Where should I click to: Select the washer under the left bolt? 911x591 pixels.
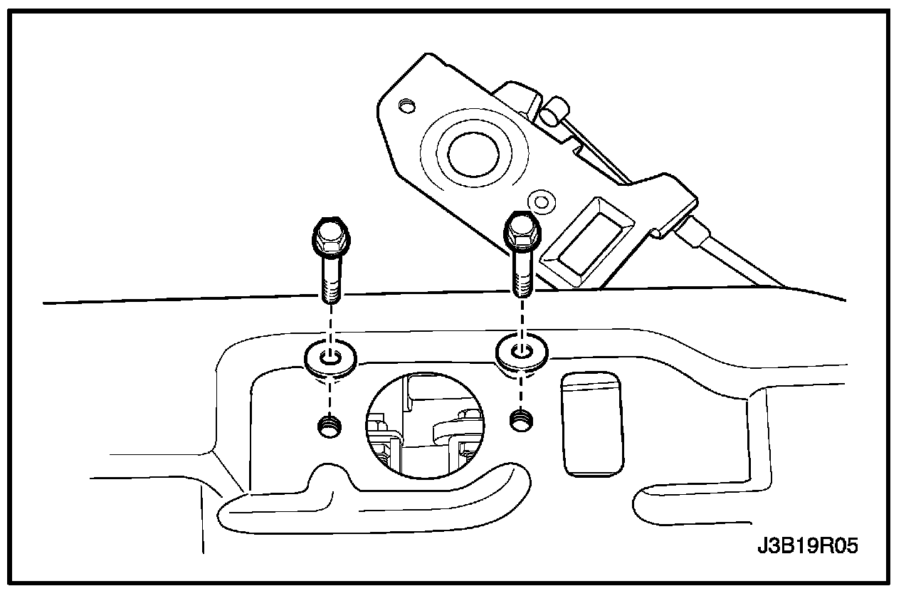[331, 355]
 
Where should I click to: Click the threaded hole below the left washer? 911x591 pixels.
[329, 427]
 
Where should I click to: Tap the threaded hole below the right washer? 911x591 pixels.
[523, 421]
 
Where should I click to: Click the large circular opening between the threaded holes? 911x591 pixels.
[425, 424]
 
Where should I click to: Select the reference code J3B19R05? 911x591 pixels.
[807, 547]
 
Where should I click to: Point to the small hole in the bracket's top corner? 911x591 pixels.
[407, 107]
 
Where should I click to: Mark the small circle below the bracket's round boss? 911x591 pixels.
[542, 200]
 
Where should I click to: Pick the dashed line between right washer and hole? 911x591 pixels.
[522, 391]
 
